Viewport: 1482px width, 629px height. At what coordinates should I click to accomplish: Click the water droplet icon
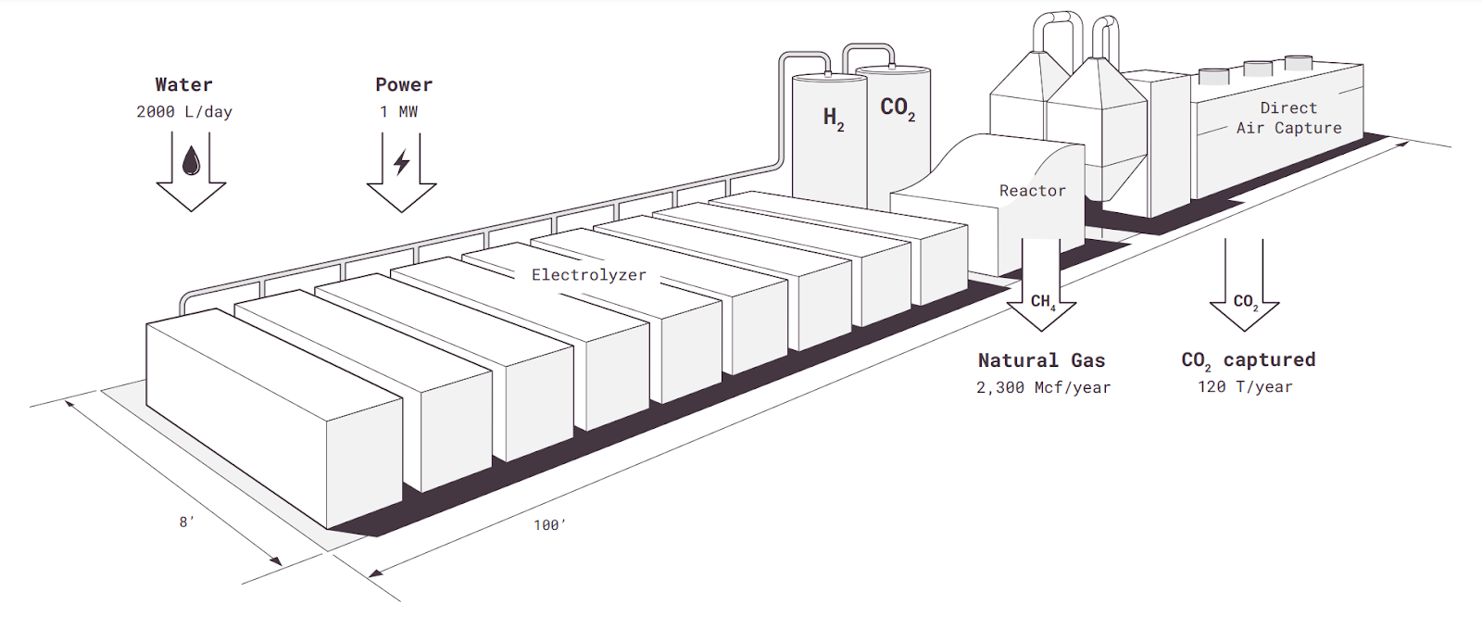coord(191,160)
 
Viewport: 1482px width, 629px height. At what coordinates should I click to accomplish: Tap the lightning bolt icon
coord(401,162)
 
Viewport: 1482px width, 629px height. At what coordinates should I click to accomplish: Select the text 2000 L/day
coord(184,112)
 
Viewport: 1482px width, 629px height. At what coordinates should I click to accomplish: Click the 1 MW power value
coord(399,112)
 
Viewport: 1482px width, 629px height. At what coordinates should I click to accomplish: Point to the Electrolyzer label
coord(589,275)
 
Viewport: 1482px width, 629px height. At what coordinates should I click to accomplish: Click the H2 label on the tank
coord(834,118)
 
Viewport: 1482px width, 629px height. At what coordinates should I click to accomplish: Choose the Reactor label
coord(1032,191)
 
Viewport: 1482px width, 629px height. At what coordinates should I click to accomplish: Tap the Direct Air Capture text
coord(1288,119)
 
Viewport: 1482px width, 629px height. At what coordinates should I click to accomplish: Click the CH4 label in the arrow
coord(1042,302)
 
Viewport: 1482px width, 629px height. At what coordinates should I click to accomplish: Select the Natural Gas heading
coord(1041,360)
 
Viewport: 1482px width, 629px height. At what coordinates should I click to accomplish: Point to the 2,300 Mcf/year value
coord(1043,388)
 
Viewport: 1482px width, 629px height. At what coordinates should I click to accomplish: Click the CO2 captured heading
coord(1248,360)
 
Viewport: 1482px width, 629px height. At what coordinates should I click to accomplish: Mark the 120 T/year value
coord(1245,387)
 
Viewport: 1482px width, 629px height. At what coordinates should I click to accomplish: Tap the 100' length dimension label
coord(549,525)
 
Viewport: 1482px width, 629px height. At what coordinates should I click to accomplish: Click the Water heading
coord(183,85)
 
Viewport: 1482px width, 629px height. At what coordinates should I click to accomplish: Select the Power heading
coord(404,85)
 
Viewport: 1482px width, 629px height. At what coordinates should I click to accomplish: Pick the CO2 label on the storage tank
coord(897,108)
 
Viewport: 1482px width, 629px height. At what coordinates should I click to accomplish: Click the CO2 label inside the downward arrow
coord(1245,302)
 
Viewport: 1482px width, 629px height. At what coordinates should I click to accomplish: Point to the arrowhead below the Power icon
coord(401,197)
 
